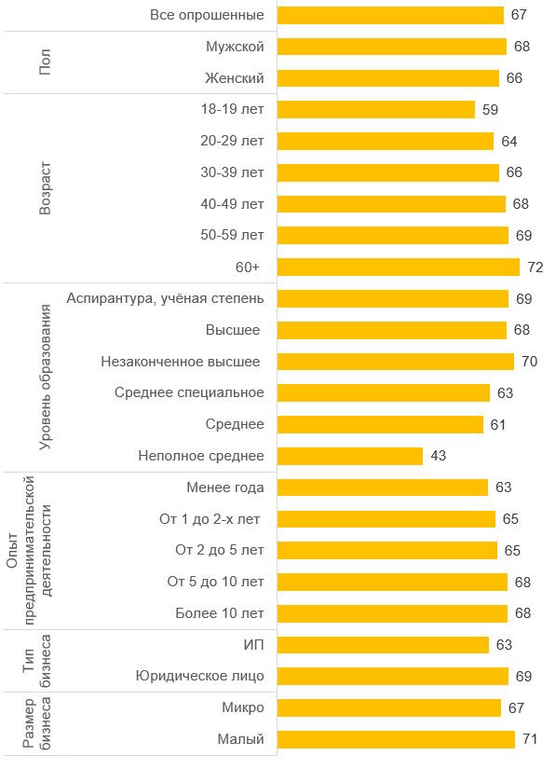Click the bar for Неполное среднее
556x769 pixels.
click(x=350, y=456)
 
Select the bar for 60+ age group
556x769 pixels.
click(x=399, y=268)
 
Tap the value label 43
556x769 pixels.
click(x=439, y=456)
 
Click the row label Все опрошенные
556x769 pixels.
click(x=207, y=15)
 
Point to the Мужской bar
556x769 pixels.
click(x=392, y=47)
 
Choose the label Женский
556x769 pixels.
click(x=234, y=78)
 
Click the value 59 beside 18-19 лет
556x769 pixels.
click(x=491, y=110)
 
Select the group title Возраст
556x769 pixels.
click(x=45, y=188)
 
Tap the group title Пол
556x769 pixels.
click(x=45, y=62)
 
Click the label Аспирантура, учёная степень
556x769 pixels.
click(x=165, y=298)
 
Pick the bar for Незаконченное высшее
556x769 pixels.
click(x=396, y=362)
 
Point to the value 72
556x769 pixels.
click(x=536, y=268)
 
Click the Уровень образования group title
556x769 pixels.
click(x=45, y=378)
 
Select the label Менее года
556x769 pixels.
click(x=225, y=487)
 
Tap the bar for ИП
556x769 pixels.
click(x=383, y=645)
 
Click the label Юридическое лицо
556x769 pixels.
click(x=200, y=677)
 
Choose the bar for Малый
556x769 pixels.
click(x=396, y=739)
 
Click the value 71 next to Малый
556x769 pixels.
click(x=530, y=739)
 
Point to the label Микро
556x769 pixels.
click(x=243, y=707)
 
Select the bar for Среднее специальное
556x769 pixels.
click(x=384, y=392)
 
